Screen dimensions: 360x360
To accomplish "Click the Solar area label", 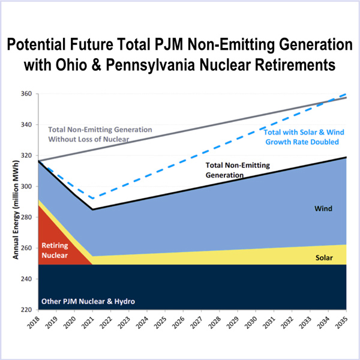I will [x=324, y=257].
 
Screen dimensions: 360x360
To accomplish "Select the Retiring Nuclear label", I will [x=55, y=250].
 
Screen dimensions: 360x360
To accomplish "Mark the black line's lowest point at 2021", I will [x=93, y=209].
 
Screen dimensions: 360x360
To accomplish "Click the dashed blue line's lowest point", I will [x=92, y=198].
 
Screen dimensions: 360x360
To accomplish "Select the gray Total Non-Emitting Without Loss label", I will [x=100, y=134].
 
